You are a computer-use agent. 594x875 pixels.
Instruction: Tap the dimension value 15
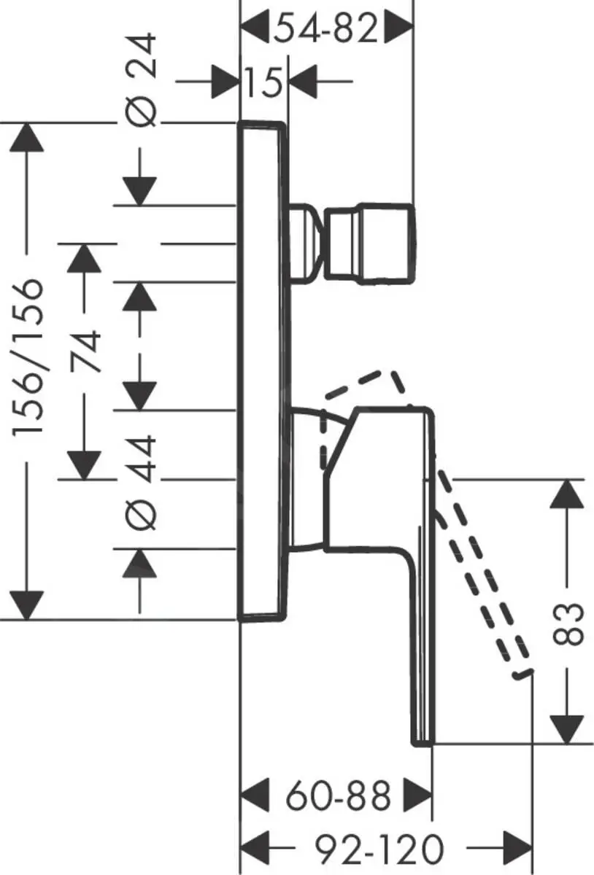click(x=263, y=81)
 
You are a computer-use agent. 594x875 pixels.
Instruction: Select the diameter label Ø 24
click(x=142, y=80)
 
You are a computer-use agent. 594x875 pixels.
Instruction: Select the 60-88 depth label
click(x=337, y=796)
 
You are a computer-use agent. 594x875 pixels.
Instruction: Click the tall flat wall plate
click(x=261, y=370)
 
